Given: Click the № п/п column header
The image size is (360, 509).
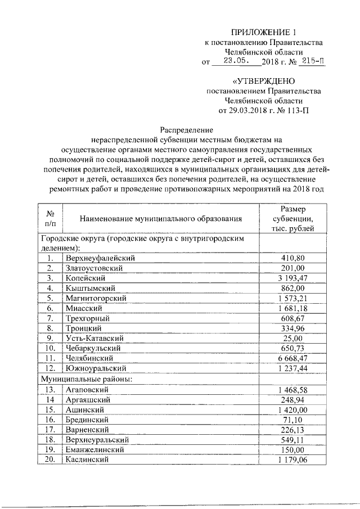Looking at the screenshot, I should click(x=50, y=218).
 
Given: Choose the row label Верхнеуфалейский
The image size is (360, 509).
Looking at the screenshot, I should click(x=101, y=258).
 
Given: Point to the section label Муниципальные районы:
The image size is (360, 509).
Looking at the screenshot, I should click(x=86, y=379).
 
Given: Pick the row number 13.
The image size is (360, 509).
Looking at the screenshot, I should click(x=50, y=389).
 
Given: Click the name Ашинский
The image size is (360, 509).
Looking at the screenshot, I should click(x=86, y=409).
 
